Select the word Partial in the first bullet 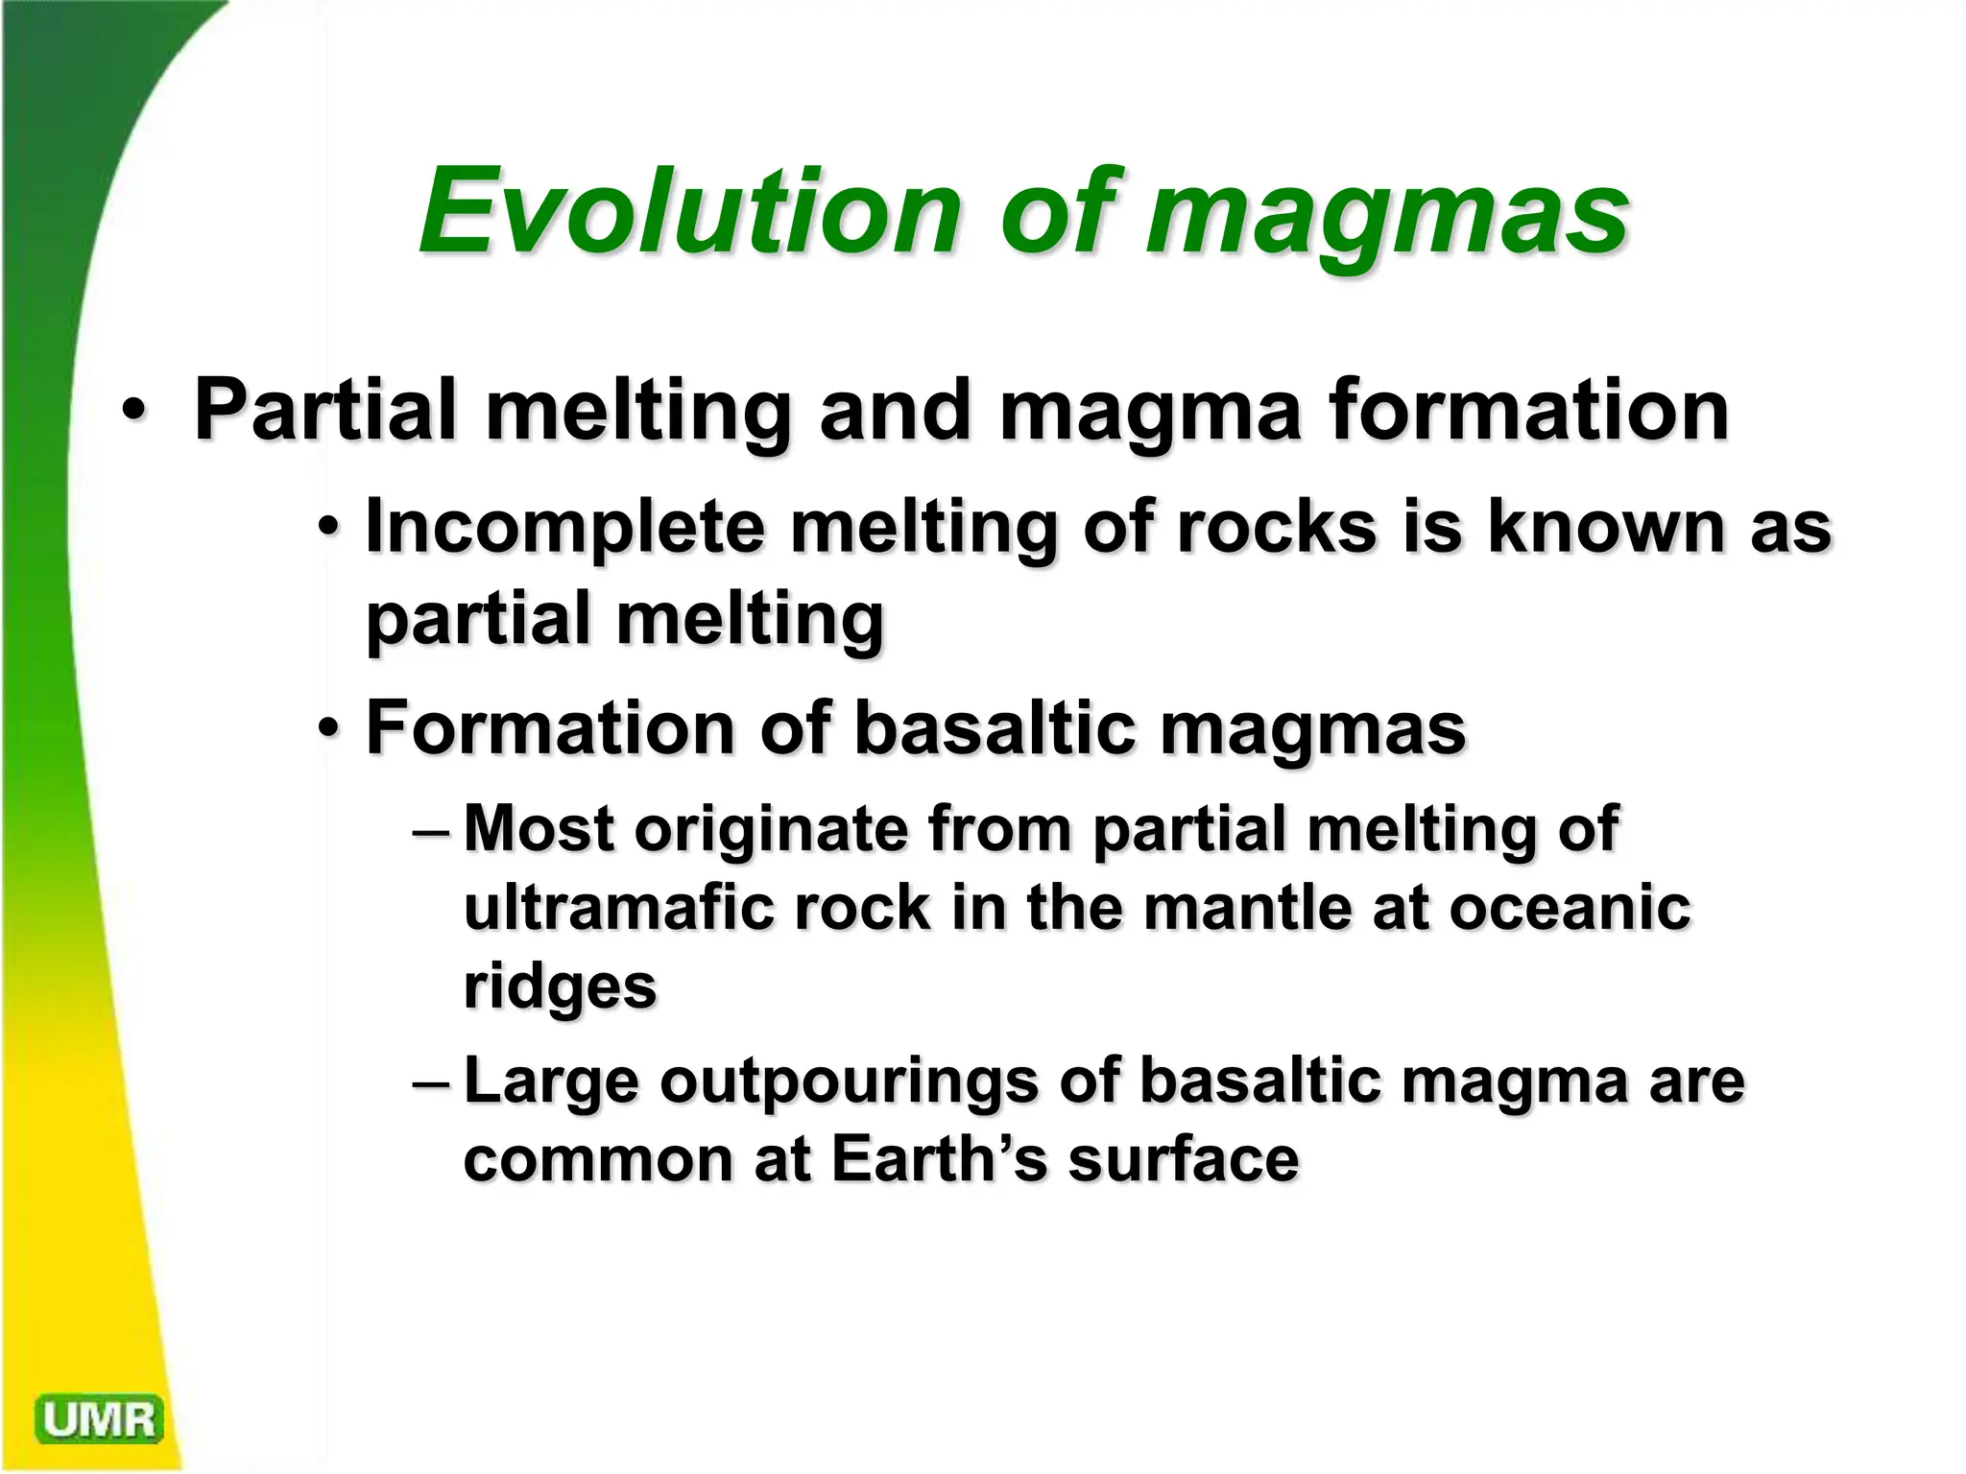[324, 411]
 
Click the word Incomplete [565, 528]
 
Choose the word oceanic [1570, 907]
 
